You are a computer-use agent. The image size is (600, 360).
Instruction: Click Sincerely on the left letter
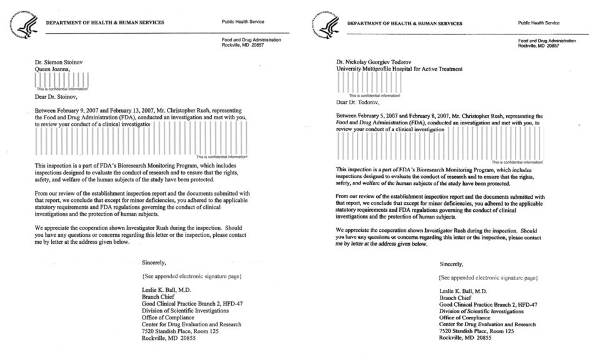[x=154, y=262]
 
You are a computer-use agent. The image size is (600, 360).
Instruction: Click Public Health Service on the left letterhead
[x=242, y=22]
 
